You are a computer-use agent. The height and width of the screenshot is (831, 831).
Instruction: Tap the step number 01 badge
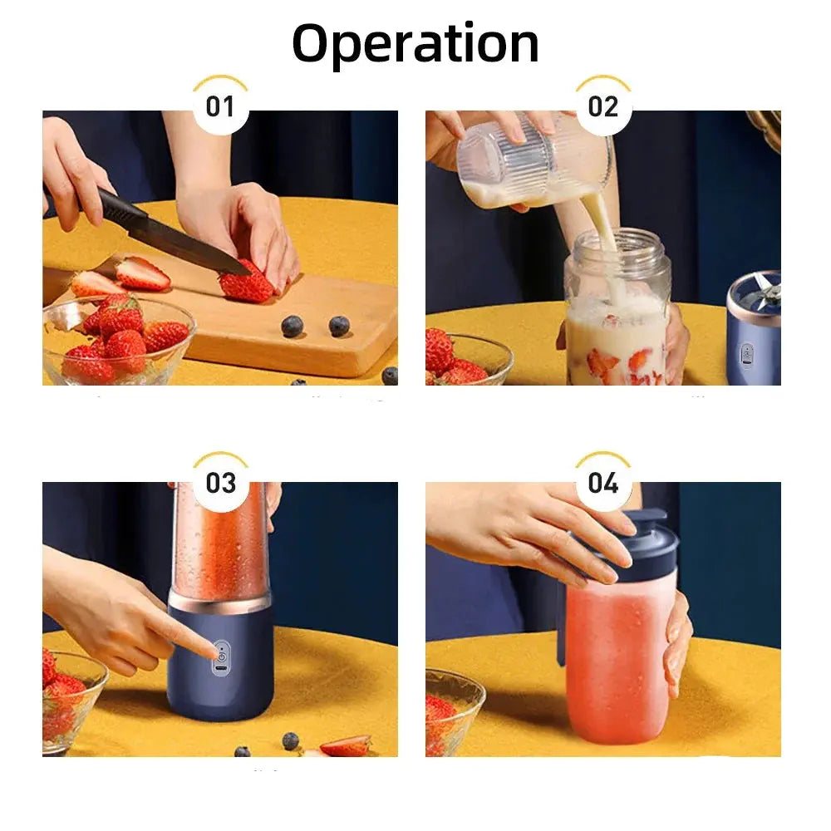220,106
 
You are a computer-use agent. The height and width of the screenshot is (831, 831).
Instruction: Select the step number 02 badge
603,106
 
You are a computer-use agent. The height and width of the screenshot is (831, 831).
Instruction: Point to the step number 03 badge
220,482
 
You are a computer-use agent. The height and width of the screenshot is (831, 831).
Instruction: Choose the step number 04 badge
603,482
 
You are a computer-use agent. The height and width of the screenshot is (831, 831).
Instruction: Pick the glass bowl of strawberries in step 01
118,342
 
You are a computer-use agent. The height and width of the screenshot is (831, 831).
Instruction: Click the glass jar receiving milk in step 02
617,307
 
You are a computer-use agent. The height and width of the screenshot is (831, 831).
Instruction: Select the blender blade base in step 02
754,327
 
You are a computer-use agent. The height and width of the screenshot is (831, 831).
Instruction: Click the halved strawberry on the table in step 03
346,745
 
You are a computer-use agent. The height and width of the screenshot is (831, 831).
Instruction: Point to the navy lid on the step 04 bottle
626,541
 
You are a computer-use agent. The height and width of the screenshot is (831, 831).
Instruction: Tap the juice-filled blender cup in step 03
220,541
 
